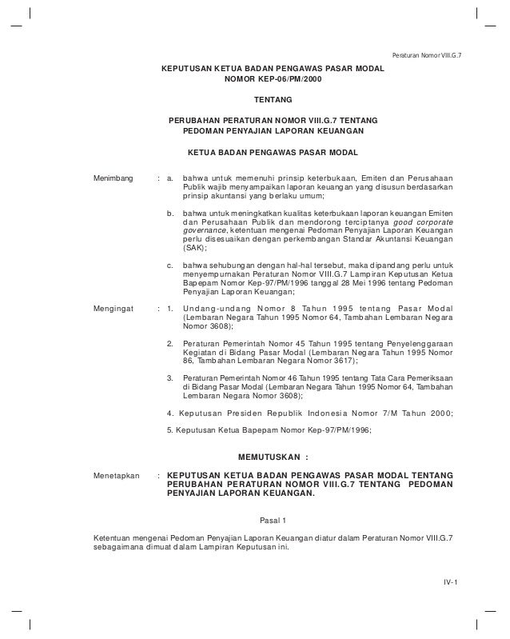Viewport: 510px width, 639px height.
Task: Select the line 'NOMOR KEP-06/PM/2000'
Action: click(x=273, y=81)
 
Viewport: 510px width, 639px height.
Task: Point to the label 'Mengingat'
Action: click(x=114, y=308)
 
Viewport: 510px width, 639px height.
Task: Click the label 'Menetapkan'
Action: click(x=117, y=475)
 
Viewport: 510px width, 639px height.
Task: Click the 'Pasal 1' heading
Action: click(x=273, y=521)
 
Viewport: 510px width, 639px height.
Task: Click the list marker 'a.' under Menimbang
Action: click(x=170, y=177)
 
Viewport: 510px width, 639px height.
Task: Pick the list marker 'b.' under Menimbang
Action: click(x=170, y=214)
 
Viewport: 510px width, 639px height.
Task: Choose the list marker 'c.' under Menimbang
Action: click(x=170, y=265)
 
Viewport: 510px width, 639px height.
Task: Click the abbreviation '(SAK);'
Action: click(x=195, y=248)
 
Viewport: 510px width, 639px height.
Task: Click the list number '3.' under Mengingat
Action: click(x=170, y=377)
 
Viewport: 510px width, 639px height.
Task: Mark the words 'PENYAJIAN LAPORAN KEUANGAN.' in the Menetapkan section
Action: click(x=241, y=494)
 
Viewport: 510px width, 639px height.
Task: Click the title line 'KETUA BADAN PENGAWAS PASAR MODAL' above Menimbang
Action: click(x=273, y=151)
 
